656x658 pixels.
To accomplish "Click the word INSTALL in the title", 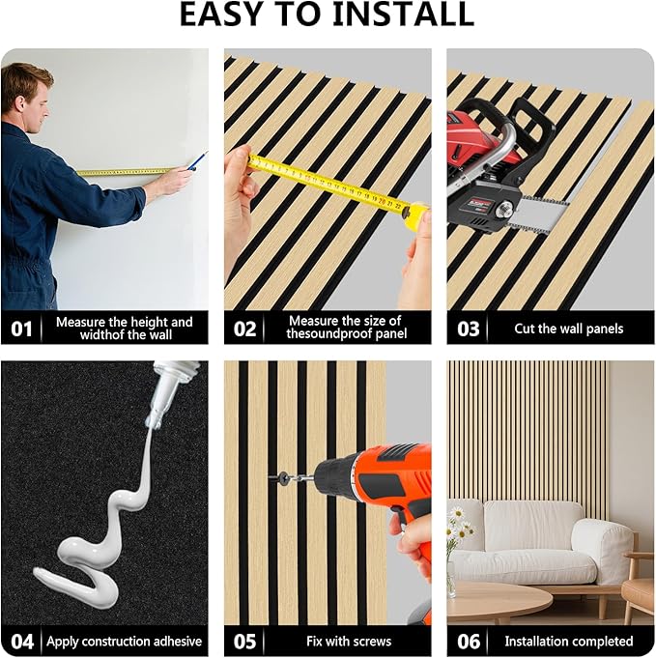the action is click(403, 15).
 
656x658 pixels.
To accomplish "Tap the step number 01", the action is click(21, 329).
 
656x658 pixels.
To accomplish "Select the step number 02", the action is click(244, 329).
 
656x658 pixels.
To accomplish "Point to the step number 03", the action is click(468, 329).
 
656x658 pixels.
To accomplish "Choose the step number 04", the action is click(22, 642).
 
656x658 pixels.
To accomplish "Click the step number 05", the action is click(244, 642).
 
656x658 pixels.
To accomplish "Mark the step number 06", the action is click(469, 642).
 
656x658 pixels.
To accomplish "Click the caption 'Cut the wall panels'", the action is click(569, 329).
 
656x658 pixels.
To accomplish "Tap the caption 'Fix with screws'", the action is click(349, 642).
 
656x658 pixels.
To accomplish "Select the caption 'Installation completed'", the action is click(569, 642).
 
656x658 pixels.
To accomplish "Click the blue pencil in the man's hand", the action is click(197, 161).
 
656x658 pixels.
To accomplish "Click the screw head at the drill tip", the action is click(283, 476).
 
